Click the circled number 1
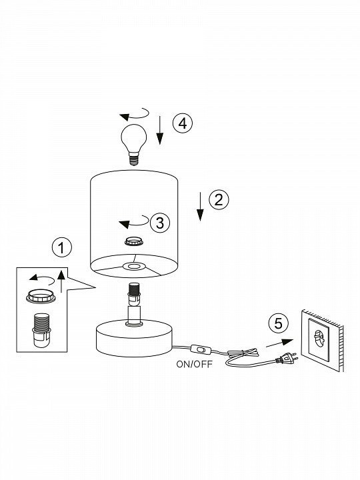pyautogui.click(x=62, y=247)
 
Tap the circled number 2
pyautogui.click(x=219, y=200)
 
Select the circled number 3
pyautogui.click(x=160, y=223)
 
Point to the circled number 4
pyautogui.click(x=183, y=123)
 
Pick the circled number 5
pyautogui.click(x=279, y=323)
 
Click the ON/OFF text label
pyautogui.click(x=195, y=364)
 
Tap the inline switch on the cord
pyautogui.click(x=200, y=349)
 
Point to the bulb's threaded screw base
pyautogui.click(x=133, y=159)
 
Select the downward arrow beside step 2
pyautogui.click(x=200, y=206)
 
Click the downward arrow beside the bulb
pyautogui.click(x=160, y=130)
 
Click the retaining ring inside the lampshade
pyautogui.click(x=134, y=241)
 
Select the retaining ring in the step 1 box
pyautogui.click(x=41, y=297)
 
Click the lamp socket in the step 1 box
pyautogui.click(x=41, y=330)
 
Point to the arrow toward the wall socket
pyautogui.click(x=279, y=343)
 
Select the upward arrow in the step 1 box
pyautogui.click(x=61, y=281)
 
